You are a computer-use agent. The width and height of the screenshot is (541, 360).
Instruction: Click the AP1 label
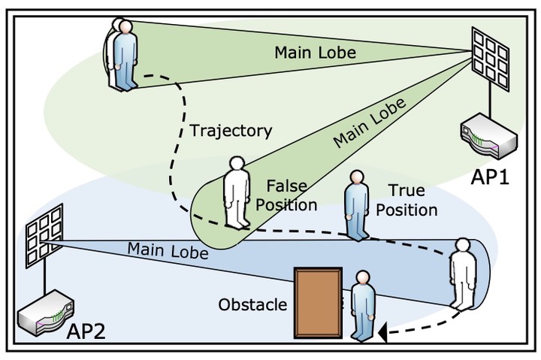point(490,177)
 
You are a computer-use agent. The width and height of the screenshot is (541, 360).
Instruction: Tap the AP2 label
point(86,331)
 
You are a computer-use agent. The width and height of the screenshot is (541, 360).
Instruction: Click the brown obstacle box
point(318,303)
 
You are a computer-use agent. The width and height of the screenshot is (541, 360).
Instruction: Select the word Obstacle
point(252,304)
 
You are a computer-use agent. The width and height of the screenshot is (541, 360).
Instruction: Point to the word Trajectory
point(231,131)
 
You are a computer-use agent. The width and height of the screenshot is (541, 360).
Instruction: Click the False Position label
point(286,195)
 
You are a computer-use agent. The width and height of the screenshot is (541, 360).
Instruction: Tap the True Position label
point(407,200)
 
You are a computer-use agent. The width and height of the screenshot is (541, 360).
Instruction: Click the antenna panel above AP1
point(490,59)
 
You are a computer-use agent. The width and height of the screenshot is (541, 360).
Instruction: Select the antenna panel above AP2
point(44,236)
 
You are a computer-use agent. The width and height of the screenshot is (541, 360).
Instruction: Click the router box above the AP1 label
point(489,135)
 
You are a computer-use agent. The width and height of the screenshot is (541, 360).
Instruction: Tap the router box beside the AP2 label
point(46,313)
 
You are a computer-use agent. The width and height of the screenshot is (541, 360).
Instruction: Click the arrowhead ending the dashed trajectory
point(382,333)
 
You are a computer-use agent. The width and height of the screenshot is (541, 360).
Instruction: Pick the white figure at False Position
point(237,192)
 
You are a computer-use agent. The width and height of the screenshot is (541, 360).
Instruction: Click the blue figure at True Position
point(357,205)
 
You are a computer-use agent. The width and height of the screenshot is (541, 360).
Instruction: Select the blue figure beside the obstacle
point(363,306)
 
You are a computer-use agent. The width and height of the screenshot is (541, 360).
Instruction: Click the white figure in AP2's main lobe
point(463,274)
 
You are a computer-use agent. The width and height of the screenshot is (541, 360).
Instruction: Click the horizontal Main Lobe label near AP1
point(315,53)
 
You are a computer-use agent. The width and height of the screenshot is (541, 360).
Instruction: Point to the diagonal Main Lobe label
point(369,123)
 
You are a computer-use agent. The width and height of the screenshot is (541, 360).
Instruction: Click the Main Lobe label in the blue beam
point(168,250)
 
